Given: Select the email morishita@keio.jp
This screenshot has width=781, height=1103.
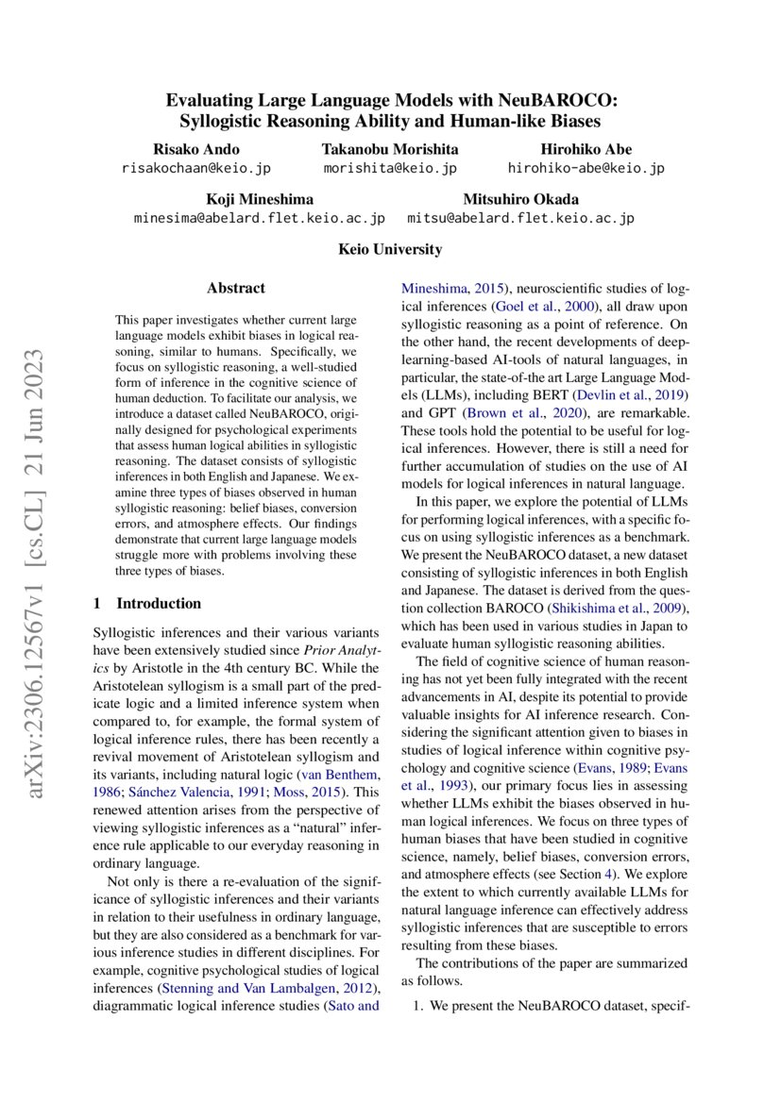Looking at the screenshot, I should coord(390,168).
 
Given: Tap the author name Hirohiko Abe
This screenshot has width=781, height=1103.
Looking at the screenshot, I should coord(586,149).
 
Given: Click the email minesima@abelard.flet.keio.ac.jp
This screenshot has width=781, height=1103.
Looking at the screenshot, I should coord(260,218).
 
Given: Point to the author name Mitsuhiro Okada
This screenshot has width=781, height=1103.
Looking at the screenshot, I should coord(520,199).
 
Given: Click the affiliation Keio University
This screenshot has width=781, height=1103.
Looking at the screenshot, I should coord(390,249).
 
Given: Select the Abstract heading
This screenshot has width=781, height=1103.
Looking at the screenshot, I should coord(236,288).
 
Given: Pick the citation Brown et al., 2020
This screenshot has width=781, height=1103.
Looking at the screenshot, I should coord(514,412).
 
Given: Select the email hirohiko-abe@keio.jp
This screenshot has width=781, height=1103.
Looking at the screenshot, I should coord(586,168).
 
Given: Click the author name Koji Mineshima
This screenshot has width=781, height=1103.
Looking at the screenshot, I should coord(260,199).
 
